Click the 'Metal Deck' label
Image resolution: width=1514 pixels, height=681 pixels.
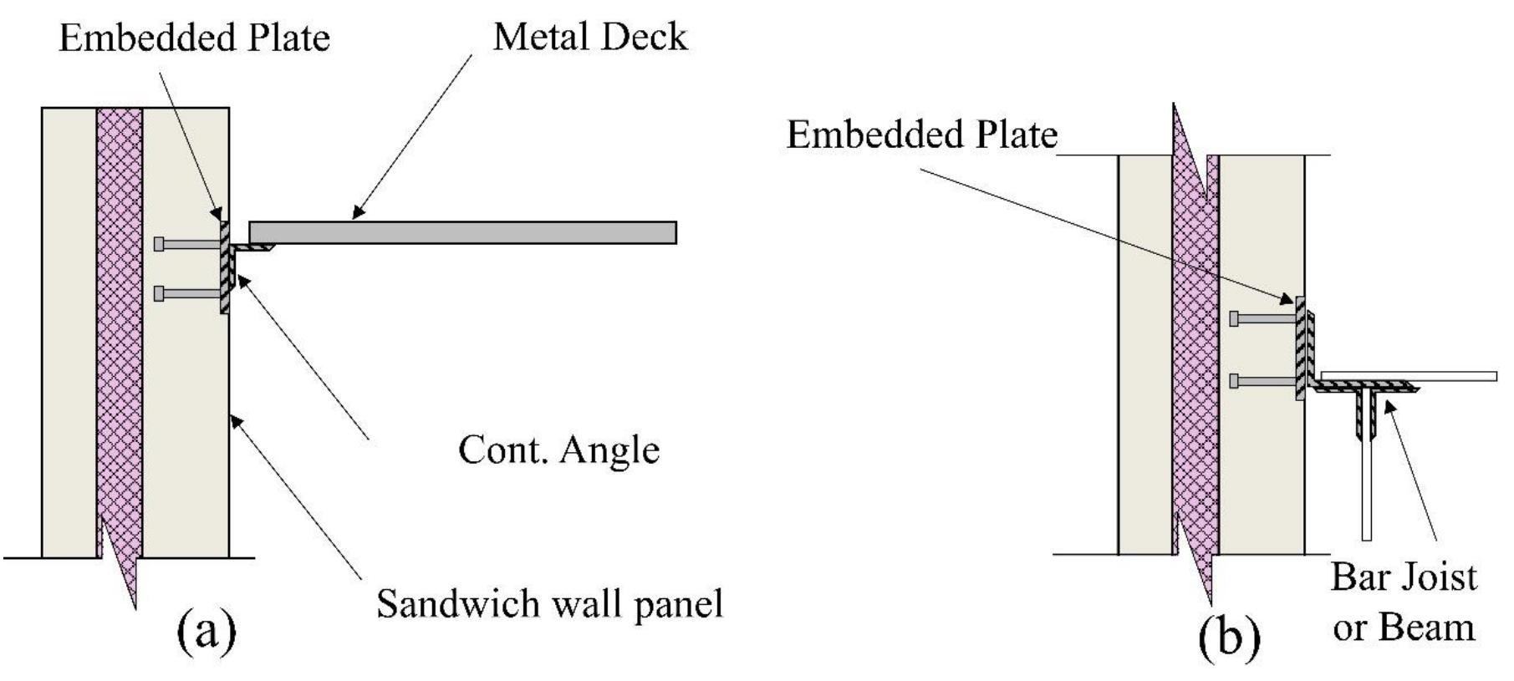click(x=589, y=38)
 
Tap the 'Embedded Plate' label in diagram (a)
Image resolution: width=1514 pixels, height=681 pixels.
click(x=194, y=38)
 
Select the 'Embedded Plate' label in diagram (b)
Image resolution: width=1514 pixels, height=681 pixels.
click(x=922, y=135)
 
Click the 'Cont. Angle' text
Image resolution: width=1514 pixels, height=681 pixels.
click(x=558, y=450)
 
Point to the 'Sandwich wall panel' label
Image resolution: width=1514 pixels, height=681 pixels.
click(x=549, y=603)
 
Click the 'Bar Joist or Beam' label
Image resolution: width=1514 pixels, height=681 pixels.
click(x=1404, y=602)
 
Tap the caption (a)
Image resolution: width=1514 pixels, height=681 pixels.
click(x=206, y=631)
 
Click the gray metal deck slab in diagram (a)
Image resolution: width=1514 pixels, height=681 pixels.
click(x=462, y=232)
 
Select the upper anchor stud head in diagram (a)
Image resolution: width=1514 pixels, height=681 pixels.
click(x=159, y=244)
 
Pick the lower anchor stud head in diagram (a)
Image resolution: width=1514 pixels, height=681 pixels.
click(x=159, y=293)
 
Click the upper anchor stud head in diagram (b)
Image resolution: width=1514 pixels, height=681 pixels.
click(x=1234, y=318)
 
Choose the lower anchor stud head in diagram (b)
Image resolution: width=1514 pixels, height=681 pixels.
click(x=1234, y=381)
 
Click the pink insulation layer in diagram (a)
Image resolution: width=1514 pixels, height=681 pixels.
click(x=119, y=334)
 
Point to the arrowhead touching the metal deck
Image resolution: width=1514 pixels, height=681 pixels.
click(x=358, y=213)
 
